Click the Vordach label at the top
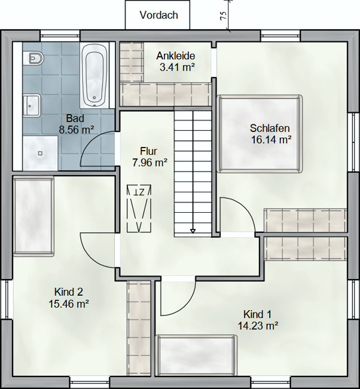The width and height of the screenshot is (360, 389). (159, 15)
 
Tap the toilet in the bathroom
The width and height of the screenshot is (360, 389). (33, 59)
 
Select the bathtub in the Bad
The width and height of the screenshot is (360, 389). (94, 76)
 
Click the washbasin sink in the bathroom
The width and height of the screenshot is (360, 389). (32, 105)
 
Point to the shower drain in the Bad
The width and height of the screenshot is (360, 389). (40, 154)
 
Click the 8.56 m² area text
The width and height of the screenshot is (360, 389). (77, 130)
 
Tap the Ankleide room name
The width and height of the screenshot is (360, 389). (176, 56)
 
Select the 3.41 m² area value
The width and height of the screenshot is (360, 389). (177, 68)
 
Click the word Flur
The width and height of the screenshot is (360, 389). (148, 151)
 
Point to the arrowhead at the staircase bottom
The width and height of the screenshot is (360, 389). (193, 231)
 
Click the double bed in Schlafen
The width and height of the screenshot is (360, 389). (260, 134)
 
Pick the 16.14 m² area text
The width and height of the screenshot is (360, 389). (271, 140)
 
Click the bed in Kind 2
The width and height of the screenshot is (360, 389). (33, 216)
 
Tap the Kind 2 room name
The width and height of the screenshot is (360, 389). (69, 292)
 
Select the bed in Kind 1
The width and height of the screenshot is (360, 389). (196, 356)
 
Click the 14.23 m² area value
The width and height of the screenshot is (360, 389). (258, 326)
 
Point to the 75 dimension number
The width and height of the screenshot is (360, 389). (223, 16)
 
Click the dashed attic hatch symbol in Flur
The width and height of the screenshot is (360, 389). (139, 209)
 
